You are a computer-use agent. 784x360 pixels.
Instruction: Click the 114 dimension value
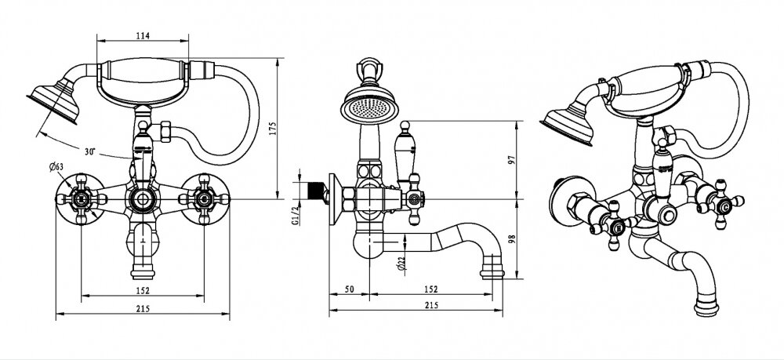[143, 36]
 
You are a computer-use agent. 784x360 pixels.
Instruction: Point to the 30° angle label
[90, 151]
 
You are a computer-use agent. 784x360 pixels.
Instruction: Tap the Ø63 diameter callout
[56, 167]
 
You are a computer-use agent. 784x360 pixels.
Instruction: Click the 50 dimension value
[349, 289]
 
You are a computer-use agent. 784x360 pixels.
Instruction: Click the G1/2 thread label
[295, 214]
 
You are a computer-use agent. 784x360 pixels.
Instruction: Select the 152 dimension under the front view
[143, 290]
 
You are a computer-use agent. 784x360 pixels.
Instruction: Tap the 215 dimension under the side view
[431, 305]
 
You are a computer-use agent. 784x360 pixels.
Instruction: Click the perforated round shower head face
[369, 106]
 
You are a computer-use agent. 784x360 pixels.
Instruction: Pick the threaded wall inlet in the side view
[315, 190]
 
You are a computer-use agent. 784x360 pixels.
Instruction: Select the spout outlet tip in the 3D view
[706, 307]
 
